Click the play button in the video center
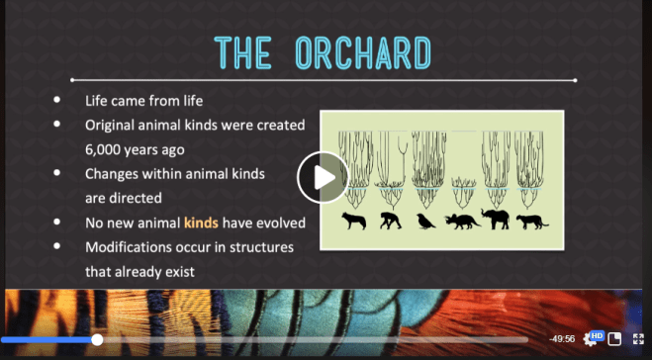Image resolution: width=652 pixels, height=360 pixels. pyautogui.click(x=323, y=177)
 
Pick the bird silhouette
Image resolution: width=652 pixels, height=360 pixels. pyautogui.click(x=425, y=220)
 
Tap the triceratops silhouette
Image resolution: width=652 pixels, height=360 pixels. pyautogui.click(x=462, y=220)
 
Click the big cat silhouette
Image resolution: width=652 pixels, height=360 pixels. pyautogui.click(x=532, y=220)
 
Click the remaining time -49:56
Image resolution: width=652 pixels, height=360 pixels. pyautogui.click(x=563, y=339)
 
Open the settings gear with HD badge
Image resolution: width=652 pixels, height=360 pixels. pyautogui.click(x=592, y=339)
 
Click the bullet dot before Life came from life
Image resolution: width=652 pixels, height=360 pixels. pyautogui.click(x=58, y=101)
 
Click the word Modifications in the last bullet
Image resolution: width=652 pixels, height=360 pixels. pyautogui.click(x=133, y=245)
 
